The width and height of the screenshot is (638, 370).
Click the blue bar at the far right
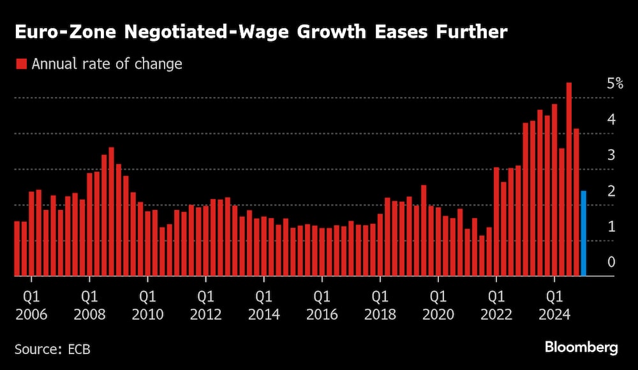tap(583, 233)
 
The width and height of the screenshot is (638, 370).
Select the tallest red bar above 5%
tap(569, 179)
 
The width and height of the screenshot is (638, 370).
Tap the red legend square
tap(21, 64)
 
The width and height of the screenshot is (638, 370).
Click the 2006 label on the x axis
tap(31, 314)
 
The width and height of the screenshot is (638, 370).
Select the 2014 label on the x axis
tap(263, 314)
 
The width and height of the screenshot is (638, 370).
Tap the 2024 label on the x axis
tap(554, 314)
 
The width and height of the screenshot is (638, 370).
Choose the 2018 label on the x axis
tap(380, 314)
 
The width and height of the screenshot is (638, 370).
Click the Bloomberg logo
tap(581, 348)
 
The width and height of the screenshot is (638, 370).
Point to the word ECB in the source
tap(81, 348)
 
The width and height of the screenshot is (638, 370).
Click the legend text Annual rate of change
tap(107, 64)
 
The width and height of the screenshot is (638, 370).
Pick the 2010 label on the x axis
tap(147, 314)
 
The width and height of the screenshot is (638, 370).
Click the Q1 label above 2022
tap(496, 297)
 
